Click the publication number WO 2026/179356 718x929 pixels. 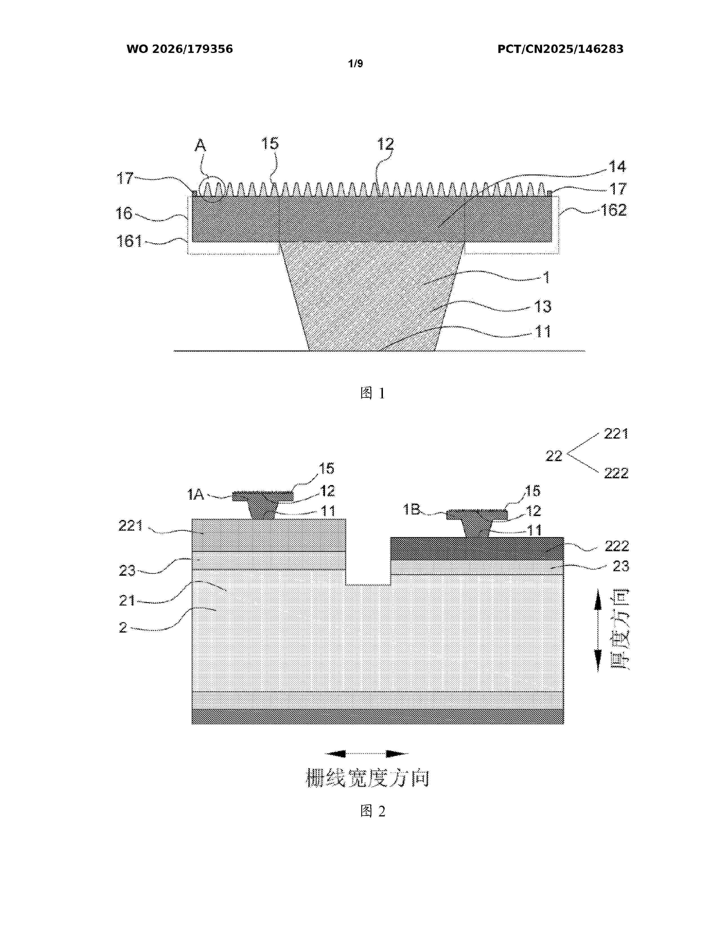pos(180,49)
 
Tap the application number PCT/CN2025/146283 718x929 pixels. pos(560,49)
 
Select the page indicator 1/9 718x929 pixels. pos(356,64)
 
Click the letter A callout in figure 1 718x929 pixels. pos(200,146)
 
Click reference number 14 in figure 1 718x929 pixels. pos(617,166)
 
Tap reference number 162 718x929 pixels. pos(613,210)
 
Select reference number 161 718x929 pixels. pos(129,241)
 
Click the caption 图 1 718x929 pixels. pos(373,393)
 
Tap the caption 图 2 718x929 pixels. pos(373,811)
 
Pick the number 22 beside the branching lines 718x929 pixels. pos(554,456)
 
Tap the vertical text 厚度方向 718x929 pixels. pos(620,629)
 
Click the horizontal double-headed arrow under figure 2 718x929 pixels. pos(367,754)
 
